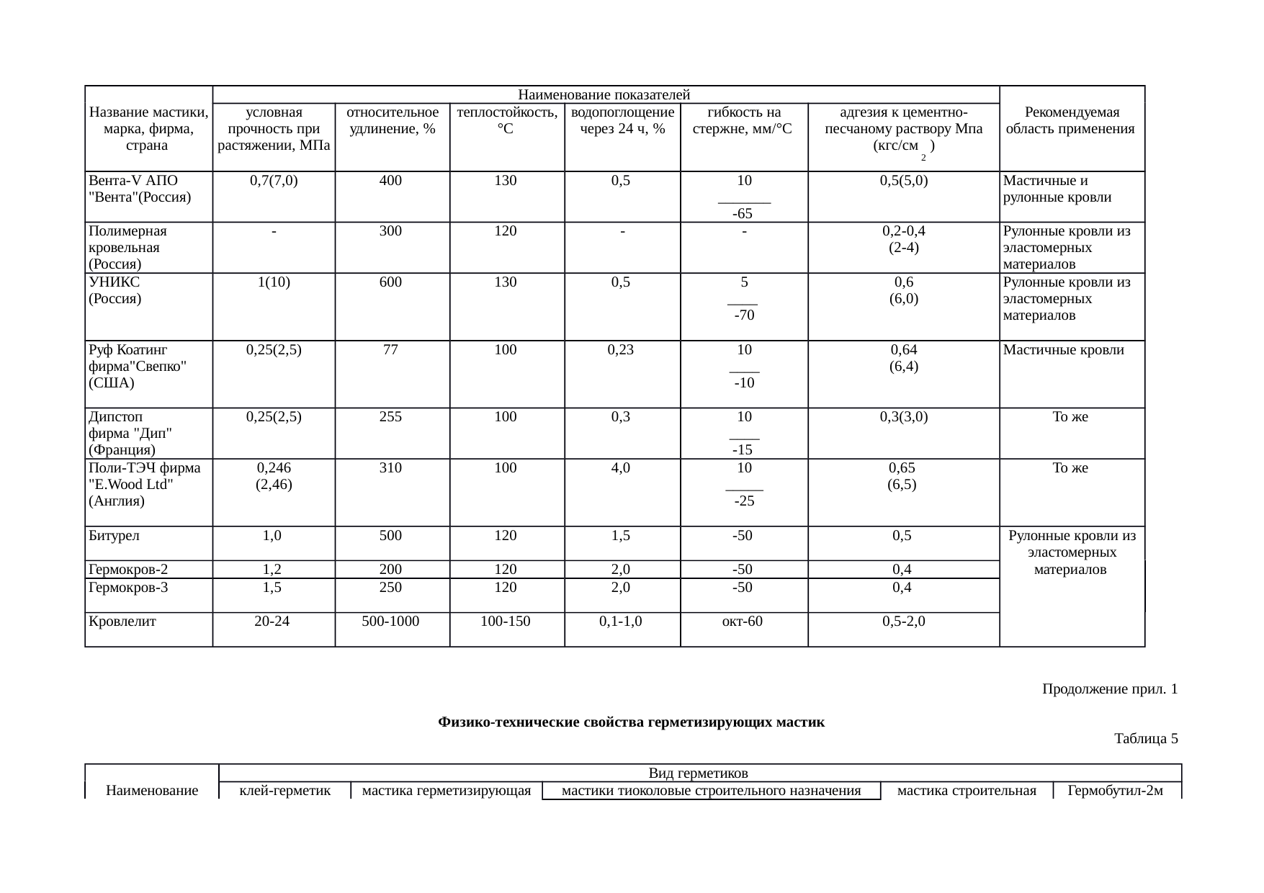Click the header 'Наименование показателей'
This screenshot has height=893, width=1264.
605,95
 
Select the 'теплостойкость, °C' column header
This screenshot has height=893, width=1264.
507,121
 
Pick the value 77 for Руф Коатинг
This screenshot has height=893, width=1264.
390,350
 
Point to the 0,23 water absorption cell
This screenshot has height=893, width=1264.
622,350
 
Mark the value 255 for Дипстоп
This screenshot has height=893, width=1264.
390,416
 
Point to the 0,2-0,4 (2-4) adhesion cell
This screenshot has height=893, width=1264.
903,240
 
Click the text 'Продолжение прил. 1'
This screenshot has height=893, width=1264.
1109,689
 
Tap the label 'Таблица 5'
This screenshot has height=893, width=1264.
1146,738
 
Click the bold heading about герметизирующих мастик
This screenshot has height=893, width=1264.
631,722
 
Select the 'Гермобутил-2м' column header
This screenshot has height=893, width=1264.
1115,791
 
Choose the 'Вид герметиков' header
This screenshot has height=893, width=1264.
698,773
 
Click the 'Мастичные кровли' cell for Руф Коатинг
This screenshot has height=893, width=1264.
1063,350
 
